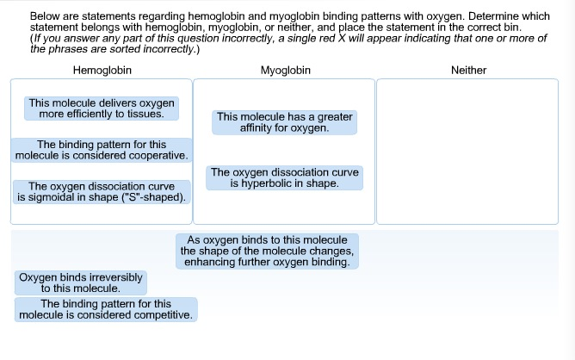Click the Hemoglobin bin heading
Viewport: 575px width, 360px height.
pyautogui.click(x=102, y=70)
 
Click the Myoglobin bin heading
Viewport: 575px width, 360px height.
pyautogui.click(x=285, y=70)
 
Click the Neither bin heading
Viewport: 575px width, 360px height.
pyautogui.click(x=468, y=70)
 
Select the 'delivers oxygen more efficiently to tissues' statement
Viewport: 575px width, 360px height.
pyautogui.click(x=102, y=109)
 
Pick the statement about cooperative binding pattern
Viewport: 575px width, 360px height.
pyautogui.click(x=102, y=150)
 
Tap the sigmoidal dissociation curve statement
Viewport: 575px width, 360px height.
pyautogui.click(x=102, y=192)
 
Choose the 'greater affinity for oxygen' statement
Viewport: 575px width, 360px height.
pyautogui.click(x=284, y=122)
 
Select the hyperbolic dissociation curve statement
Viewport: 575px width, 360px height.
pyautogui.click(x=285, y=178)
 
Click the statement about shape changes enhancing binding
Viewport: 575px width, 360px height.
pyautogui.click(x=267, y=251)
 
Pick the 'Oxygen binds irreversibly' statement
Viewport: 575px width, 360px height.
pyautogui.click(x=81, y=283)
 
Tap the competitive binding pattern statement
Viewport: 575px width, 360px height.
pyautogui.click(x=106, y=310)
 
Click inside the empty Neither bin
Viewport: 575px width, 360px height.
pyautogui.click(x=467, y=152)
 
